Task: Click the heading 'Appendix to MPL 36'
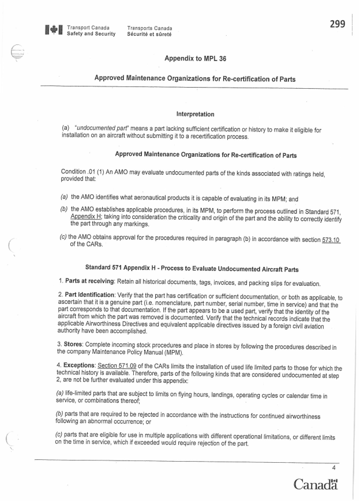pyautogui.click(x=196, y=58)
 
